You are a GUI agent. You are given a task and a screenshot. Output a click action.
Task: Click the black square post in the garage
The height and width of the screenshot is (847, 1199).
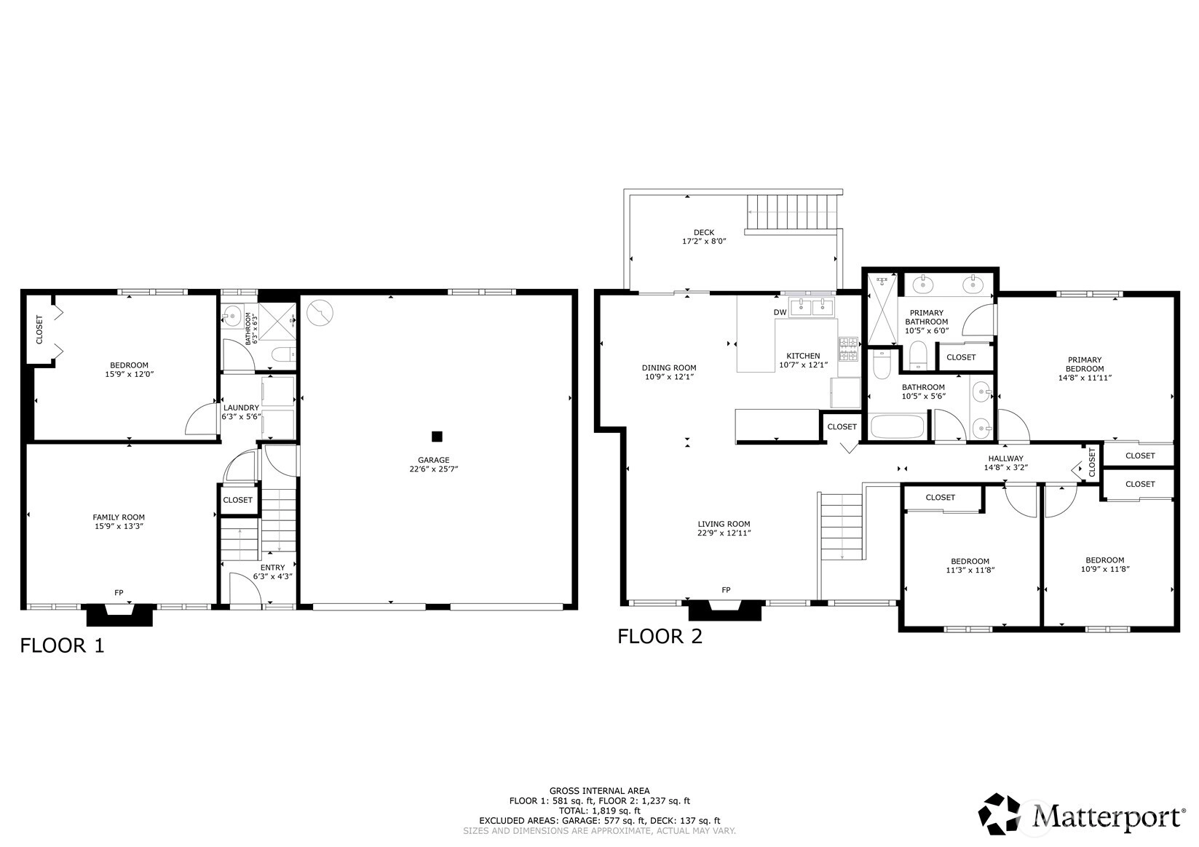[x=437, y=436]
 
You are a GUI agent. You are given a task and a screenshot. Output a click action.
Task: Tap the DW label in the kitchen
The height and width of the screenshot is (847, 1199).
[x=780, y=312]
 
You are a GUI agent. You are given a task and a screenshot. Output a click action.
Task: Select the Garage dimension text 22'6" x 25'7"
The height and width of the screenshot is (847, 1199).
[x=434, y=469]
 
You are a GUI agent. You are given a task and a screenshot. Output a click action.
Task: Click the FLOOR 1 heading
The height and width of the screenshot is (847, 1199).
[x=62, y=645]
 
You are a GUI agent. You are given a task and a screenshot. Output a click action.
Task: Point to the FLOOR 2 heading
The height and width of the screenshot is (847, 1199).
[x=660, y=636]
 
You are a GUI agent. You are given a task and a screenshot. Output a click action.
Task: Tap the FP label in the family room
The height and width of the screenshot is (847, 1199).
[x=119, y=592]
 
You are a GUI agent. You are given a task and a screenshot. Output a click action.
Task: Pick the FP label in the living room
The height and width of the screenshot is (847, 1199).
[x=726, y=590]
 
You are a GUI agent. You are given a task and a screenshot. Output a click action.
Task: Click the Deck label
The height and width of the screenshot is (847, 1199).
[x=704, y=232]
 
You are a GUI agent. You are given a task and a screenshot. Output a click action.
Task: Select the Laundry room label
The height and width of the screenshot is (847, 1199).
[x=241, y=407]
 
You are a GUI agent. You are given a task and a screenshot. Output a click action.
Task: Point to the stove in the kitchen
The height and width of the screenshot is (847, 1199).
[x=848, y=349]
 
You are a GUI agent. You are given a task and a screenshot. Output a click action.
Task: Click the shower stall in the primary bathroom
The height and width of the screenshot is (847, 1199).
[x=882, y=309]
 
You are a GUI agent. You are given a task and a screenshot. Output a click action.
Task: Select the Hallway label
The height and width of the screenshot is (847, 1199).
[x=1006, y=458]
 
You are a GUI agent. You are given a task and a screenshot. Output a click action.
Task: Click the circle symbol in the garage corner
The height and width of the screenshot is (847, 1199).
[x=320, y=313]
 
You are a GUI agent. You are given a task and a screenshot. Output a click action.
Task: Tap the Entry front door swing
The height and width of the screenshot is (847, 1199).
[x=245, y=590]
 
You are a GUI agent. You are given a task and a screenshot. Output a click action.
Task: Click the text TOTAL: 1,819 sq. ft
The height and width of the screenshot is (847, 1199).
[x=600, y=811]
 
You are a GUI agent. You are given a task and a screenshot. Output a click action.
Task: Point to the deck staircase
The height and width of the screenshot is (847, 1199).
[x=791, y=213]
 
